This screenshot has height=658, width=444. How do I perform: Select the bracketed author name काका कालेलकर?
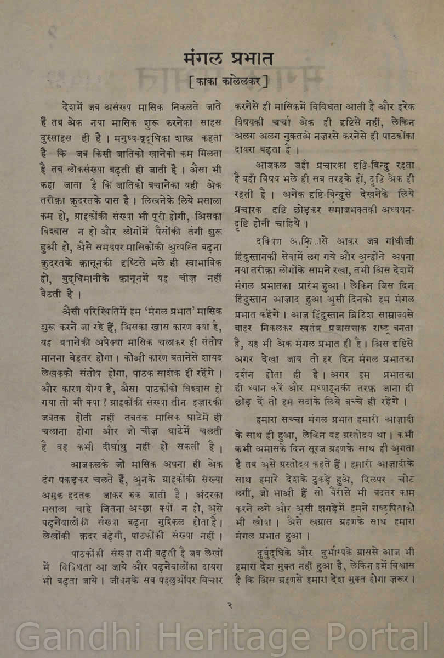coord(227,82)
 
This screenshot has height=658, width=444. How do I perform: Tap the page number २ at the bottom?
coord(230,605)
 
